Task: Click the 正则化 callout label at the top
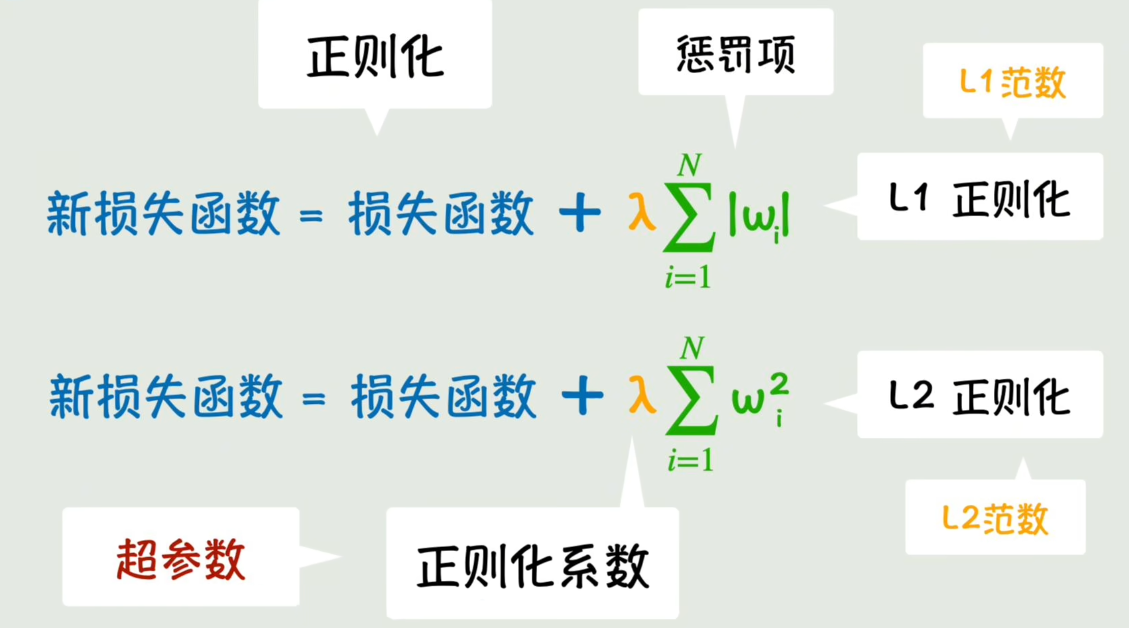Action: (x=375, y=57)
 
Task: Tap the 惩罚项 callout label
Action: (x=736, y=54)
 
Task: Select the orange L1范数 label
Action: (x=1013, y=82)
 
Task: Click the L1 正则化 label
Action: (x=980, y=199)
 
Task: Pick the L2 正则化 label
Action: (x=980, y=397)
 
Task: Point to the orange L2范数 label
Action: (x=995, y=519)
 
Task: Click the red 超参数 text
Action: (x=180, y=560)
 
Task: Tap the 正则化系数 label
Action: (x=532, y=566)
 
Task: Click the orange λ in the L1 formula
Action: (x=641, y=213)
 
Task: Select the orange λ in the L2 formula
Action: (x=642, y=395)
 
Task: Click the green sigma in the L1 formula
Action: (x=689, y=218)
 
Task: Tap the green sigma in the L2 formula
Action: (x=691, y=401)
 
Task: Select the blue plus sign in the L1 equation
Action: (x=579, y=213)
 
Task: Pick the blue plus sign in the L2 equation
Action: (x=582, y=396)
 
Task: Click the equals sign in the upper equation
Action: (x=311, y=216)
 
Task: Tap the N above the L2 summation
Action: (x=692, y=349)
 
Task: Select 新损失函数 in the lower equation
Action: (x=166, y=397)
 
